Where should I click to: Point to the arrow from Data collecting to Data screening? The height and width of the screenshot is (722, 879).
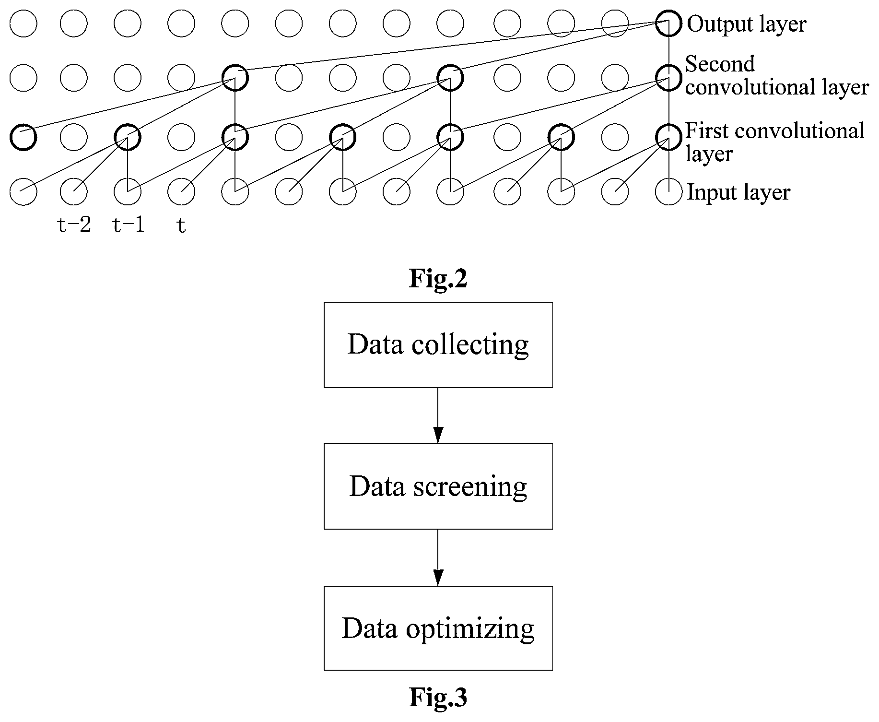tap(438, 415)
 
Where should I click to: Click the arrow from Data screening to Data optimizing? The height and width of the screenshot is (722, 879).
tap(438, 557)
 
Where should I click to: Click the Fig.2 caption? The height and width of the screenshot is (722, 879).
tap(438, 278)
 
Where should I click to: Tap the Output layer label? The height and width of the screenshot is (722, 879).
tap(747, 24)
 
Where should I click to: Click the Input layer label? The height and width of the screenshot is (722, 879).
tap(738, 192)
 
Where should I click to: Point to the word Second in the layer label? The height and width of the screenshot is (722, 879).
tap(720, 64)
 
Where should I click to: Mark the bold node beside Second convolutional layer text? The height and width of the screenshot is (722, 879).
tap(668, 65)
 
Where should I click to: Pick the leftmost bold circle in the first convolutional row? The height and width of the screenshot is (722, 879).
tap(23, 125)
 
